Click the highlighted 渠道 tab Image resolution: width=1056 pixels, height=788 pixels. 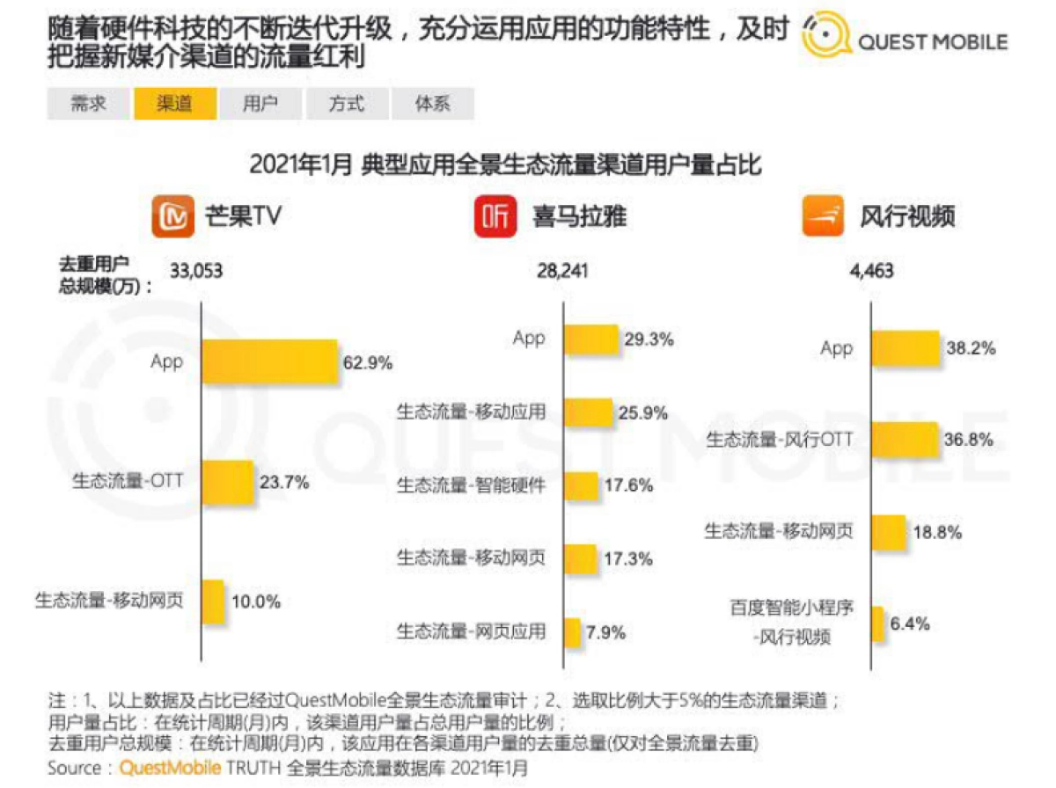175,104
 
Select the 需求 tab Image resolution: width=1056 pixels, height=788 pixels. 89,104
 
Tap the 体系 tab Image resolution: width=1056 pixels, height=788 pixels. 433,104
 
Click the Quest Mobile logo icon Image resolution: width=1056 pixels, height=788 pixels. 827,39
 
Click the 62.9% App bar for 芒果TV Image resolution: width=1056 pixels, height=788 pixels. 270,361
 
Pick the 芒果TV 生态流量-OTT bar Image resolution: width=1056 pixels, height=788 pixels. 228,481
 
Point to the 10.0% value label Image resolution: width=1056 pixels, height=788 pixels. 255,602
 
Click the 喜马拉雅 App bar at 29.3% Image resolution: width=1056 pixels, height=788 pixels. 590,339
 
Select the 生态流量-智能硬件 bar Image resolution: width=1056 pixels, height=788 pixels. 581,485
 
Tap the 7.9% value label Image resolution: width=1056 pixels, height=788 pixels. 606,631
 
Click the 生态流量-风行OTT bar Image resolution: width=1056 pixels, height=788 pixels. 905,439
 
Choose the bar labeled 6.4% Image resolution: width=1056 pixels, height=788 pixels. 877,624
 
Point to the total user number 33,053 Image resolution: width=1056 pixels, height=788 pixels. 196,271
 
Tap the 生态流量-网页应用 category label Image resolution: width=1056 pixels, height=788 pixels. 471,631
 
